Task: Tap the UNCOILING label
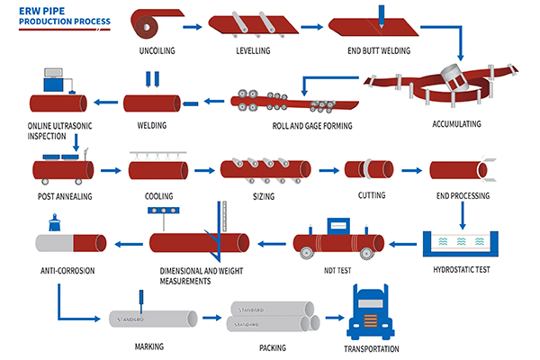pyautogui.click(x=164, y=50)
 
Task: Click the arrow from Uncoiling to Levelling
pyautogui.click(x=194, y=25)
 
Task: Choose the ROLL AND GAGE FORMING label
pyautogui.click(x=311, y=126)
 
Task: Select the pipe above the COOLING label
pyautogui.click(x=157, y=168)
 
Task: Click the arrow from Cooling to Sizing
pyautogui.click(x=202, y=168)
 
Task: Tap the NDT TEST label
pyautogui.click(x=337, y=268)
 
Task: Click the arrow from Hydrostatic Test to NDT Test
pyautogui.click(x=405, y=242)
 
